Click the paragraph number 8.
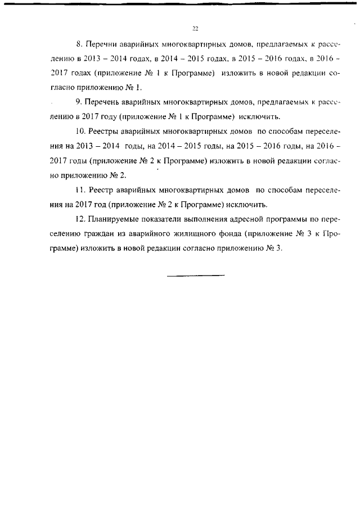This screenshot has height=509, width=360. tap(78, 43)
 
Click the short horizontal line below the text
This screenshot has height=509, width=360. tap(196, 275)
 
